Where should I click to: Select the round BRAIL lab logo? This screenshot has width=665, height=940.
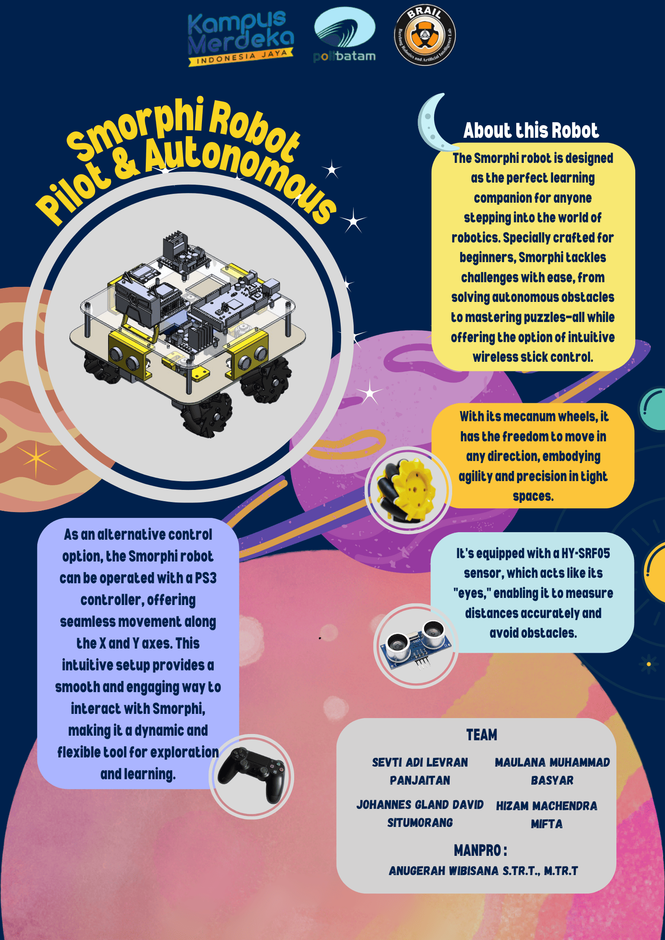click(x=425, y=35)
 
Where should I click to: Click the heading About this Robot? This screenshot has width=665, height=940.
click(x=531, y=130)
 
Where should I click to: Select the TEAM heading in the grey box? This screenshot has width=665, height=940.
click(x=481, y=735)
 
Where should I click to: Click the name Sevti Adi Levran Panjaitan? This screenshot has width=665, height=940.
click(x=420, y=771)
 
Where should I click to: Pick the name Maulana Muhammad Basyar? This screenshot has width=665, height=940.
click(x=552, y=771)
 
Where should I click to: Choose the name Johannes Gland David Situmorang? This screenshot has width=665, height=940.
click(x=420, y=814)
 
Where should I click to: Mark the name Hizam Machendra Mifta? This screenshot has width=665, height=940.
click(x=546, y=815)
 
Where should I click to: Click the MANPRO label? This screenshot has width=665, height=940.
click(x=480, y=850)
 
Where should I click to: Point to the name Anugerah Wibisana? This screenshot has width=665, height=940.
click(x=444, y=871)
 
